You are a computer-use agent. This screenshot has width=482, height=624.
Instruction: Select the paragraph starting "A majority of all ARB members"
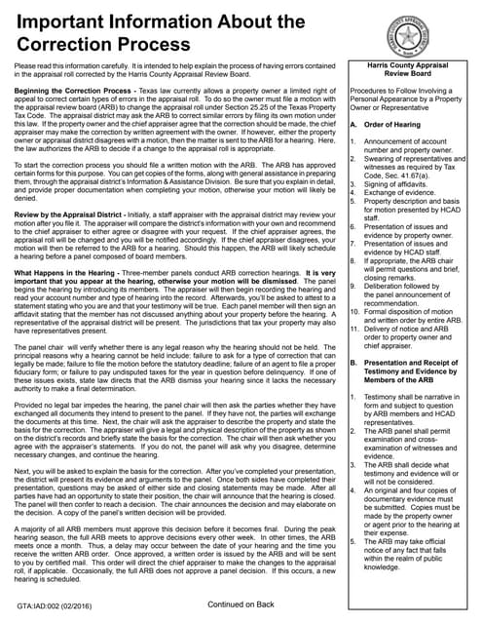click(170, 546)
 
